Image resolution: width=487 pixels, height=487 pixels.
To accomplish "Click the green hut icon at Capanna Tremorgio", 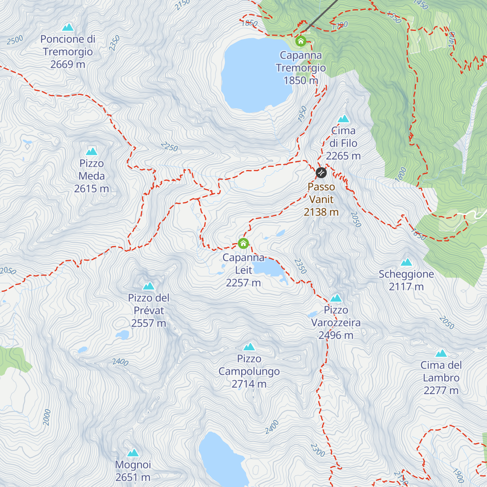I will click(x=301, y=41).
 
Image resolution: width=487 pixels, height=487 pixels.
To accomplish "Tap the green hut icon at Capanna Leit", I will click(x=243, y=243).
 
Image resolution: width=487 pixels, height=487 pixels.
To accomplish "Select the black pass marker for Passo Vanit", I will click(x=321, y=173).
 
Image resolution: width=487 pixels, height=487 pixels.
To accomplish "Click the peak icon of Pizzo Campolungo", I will click(x=249, y=347).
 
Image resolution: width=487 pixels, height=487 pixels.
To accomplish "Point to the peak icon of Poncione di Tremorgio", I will click(x=68, y=27).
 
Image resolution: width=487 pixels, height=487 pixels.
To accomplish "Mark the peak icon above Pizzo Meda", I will click(x=92, y=151).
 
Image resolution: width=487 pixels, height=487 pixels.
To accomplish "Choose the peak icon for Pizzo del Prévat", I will click(x=149, y=286).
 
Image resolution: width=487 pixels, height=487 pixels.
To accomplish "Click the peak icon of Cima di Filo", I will click(x=343, y=119).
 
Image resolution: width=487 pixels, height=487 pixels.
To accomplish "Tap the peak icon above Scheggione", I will click(x=406, y=262).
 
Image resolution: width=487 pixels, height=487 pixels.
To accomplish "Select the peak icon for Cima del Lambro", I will click(x=441, y=353).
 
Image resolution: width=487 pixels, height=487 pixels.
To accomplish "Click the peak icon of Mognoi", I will click(x=133, y=453).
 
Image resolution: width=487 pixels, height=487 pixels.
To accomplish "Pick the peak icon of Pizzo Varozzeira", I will click(x=336, y=298).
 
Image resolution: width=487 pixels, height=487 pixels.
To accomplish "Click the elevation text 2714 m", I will click(x=249, y=384).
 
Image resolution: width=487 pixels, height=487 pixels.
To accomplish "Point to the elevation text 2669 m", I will click(x=68, y=64).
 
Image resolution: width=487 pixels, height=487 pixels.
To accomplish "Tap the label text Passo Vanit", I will click(x=321, y=193).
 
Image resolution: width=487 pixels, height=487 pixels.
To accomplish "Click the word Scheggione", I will click(x=406, y=274).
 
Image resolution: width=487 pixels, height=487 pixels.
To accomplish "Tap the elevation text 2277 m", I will click(x=441, y=390).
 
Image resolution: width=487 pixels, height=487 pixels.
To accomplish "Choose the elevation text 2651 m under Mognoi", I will click(x=133, y=477).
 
